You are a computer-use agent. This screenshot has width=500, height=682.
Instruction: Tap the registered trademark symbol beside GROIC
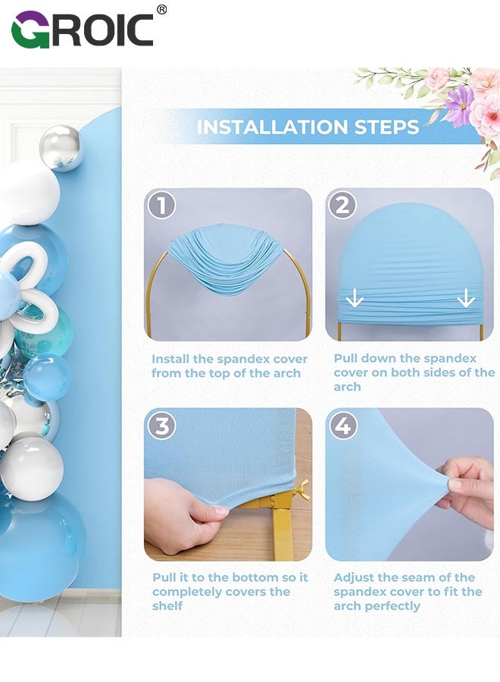(x=161, y=10)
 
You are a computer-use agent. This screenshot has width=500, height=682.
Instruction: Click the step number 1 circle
(x=161, y=205)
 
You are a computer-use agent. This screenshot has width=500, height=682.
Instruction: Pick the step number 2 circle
(x=342, y=205)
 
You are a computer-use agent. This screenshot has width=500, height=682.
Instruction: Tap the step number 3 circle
(x=161, y=425)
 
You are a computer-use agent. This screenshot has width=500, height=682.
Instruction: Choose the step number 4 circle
(x=342, y=425)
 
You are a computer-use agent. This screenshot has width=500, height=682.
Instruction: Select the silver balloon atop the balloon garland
(x=61, y=147)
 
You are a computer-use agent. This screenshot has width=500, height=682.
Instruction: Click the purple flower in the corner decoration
(x=458, y=105)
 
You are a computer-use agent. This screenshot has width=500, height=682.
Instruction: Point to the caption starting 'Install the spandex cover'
(x=230, y=365)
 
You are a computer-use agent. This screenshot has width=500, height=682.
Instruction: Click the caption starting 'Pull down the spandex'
(x=414, y=372)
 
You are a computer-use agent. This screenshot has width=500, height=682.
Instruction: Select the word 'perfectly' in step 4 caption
(x=392, y=606)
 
